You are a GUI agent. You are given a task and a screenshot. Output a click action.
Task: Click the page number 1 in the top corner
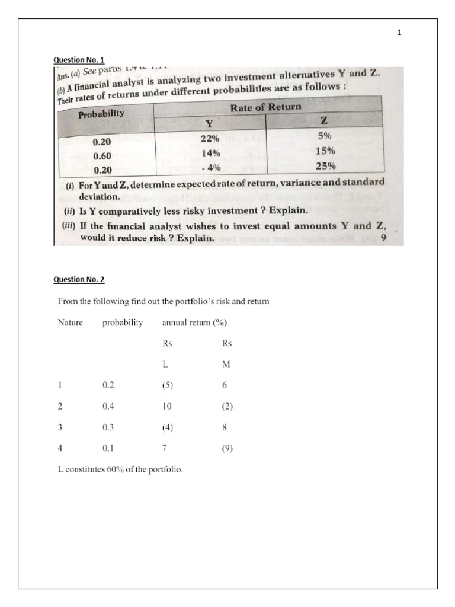tap(399, 33)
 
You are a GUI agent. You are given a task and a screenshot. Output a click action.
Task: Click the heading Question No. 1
tap(79, 60)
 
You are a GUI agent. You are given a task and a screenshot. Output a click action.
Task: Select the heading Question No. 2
tap(79, 279)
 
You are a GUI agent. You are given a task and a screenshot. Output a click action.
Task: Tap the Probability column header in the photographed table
tap(101, 114)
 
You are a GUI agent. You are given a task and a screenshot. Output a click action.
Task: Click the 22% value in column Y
tap(210, 139)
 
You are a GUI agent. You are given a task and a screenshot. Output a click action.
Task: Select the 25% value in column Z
tap(325, 165)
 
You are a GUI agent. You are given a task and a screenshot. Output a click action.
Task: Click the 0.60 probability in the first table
tap(102, 156)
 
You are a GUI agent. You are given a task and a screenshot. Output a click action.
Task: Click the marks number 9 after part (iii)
tap(384, 239)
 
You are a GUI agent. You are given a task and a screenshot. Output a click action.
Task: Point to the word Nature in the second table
tap(70, 323)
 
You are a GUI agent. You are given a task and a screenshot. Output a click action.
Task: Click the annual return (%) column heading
tap(194, 323)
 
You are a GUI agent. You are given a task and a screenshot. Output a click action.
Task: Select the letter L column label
tap(165, 365)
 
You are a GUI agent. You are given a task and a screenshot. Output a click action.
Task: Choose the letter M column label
tap(226, 365)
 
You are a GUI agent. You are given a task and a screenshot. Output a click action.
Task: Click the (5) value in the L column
tap(167, 385)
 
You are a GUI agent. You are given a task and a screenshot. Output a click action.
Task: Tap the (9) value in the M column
tap(227, 449)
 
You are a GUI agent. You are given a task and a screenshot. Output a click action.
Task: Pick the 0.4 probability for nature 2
tap(108, 407)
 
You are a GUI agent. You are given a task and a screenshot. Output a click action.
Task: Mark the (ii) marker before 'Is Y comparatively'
tap(70, 211)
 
